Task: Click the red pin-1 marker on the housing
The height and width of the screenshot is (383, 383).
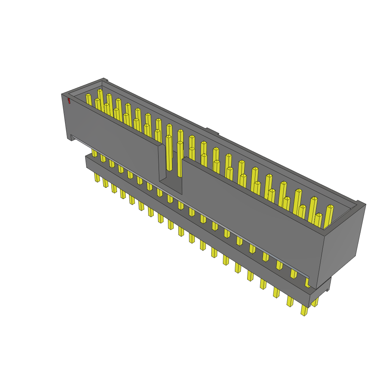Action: [x=69, y=101]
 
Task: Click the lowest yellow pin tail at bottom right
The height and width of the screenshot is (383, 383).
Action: [x=304, y=310]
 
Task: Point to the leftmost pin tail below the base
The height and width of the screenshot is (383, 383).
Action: [x=97, y=177]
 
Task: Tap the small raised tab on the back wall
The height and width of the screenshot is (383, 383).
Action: [x=212, y=131]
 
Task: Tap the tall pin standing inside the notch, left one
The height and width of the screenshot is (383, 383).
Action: [x=169, y=153]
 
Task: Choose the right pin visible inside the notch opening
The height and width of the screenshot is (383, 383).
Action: [x=180, y=159]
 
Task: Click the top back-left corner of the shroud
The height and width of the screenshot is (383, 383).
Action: [x=103, y=79]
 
